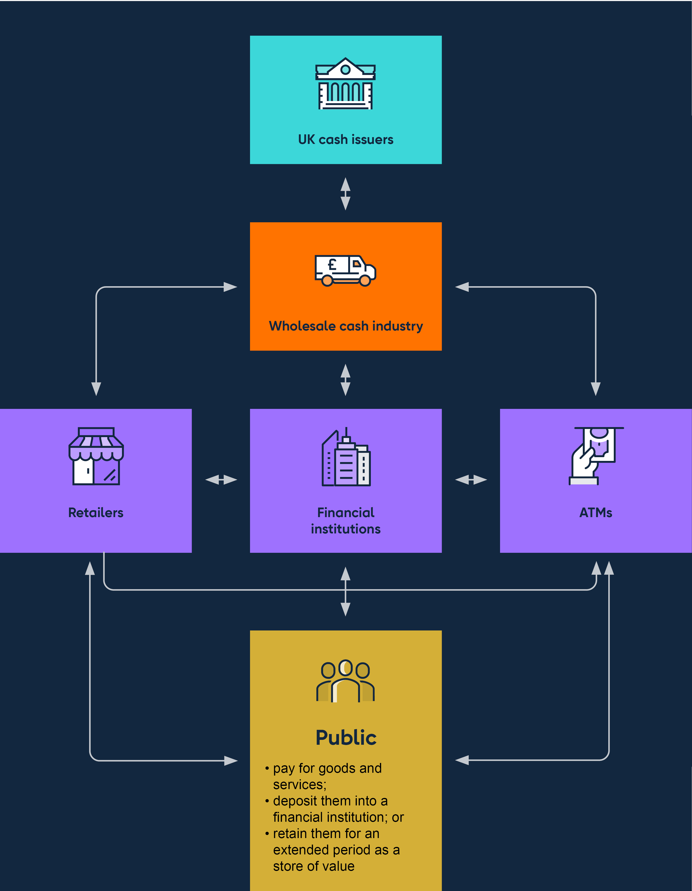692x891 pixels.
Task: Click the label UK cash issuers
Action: pyautogui.click(x=346, y=139)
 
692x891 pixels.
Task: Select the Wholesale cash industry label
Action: pyautogui.click(x=346, y=326)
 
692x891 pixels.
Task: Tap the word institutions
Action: pyautogui.click(x=346, y=529)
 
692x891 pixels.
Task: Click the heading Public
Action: pyautogui.click(x=346, y=738)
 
